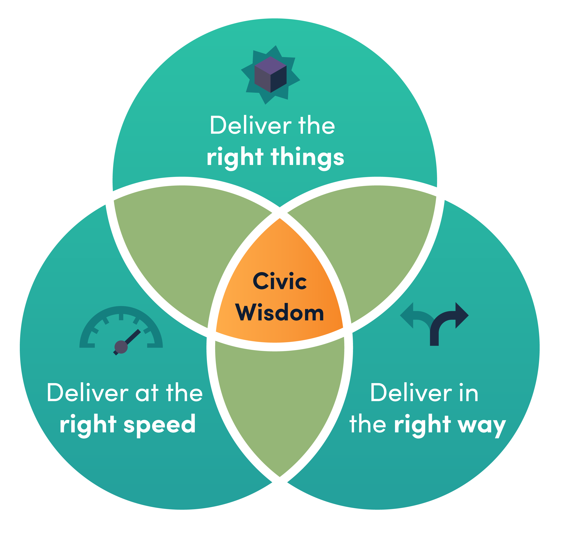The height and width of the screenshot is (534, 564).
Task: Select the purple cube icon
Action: [x=270, y=75]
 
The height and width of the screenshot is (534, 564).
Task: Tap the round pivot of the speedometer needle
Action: [x=121, y=347]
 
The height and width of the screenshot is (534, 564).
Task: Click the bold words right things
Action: [x=275, y=157]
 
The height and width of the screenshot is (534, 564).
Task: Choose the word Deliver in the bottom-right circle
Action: [x=411, y=393]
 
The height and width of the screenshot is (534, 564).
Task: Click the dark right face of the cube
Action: [x=279, y=79]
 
